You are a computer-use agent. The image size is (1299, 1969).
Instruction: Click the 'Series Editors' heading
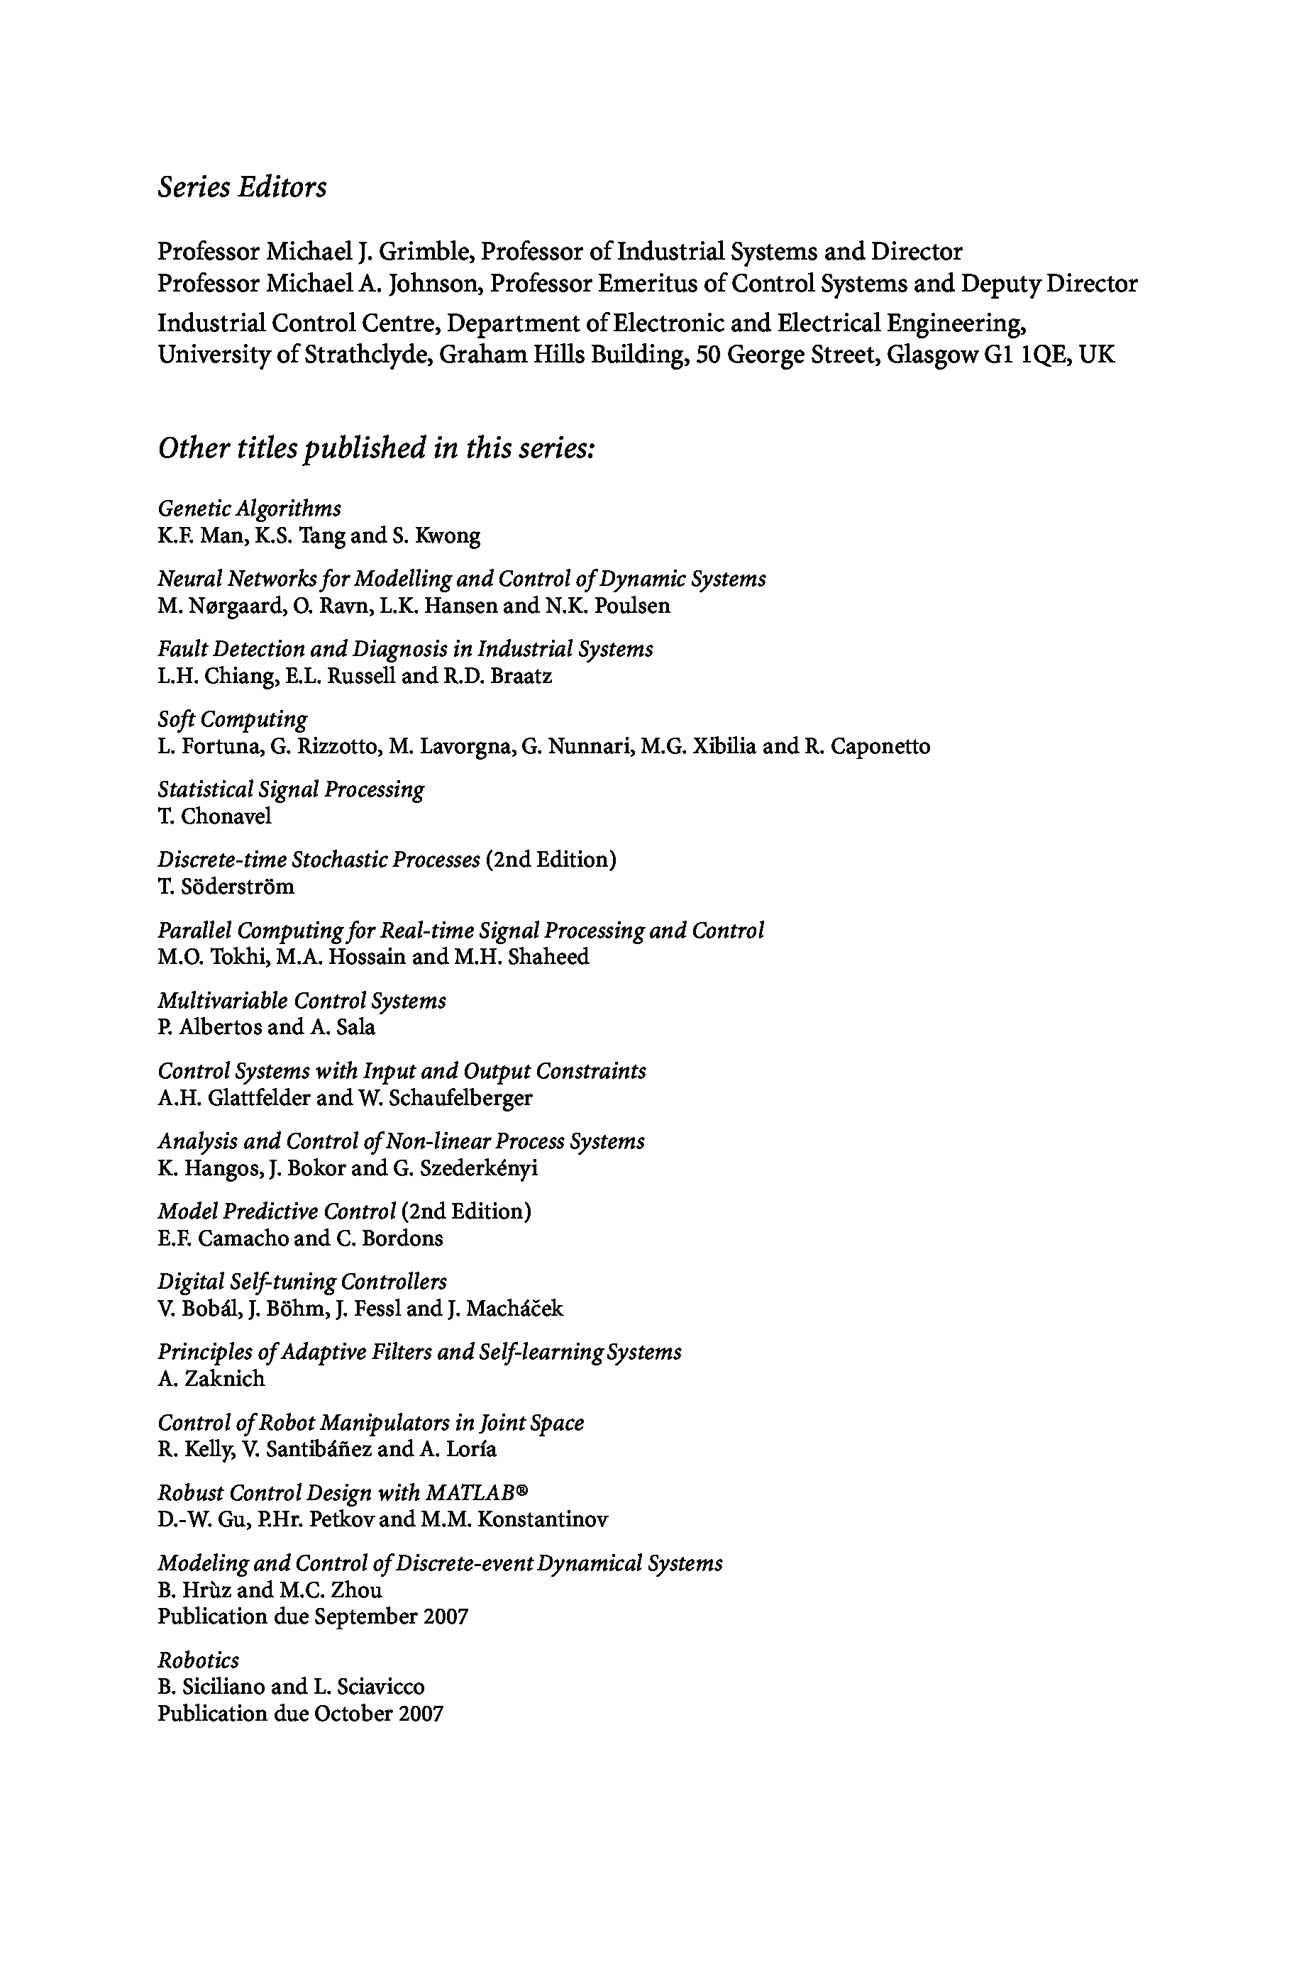tap(242, 187)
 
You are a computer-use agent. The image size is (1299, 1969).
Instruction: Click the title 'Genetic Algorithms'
tap(249, 509)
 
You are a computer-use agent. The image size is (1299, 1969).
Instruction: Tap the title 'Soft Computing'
tap(232, 719)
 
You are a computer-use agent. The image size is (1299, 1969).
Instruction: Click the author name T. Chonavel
tap(214, 817)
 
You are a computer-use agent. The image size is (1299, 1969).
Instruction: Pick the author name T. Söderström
tap(226, 887)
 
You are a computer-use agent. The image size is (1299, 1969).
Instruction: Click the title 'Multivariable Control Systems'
tap(302, 1001)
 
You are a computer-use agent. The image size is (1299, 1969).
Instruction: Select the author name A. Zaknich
tap(211, 1380)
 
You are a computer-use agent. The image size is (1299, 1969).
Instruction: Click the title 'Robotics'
tap(198, 1660)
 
